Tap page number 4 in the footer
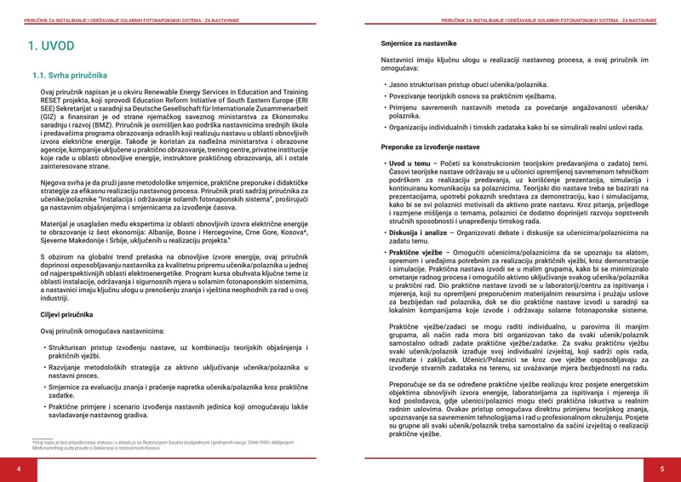click(20, 469)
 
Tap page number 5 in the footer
click(661, 469)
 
